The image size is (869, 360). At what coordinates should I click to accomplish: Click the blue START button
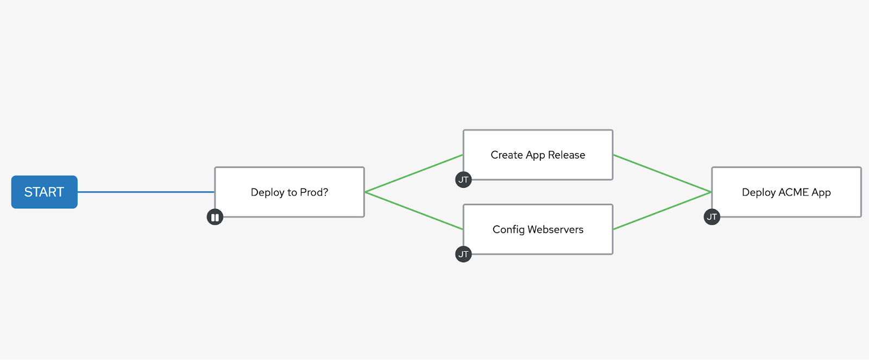[44, 192]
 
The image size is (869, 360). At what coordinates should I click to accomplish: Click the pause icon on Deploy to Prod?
[215, 217]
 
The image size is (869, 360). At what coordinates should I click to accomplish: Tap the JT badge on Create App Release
[463, 180]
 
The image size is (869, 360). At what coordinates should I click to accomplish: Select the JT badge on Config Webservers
[463, 254]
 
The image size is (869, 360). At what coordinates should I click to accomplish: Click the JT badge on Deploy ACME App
[712, 217]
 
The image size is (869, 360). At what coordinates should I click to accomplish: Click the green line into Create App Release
[414, 173]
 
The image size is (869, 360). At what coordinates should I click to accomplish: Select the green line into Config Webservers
[414, 211]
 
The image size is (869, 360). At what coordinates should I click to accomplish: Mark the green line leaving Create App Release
[662, 173]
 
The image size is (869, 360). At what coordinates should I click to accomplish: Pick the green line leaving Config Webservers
[662, 211]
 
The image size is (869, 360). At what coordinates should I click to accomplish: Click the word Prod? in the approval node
[314, 192]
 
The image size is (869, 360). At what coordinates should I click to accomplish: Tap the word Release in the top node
[566, 155]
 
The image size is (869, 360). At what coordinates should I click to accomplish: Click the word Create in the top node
[507, 155]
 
